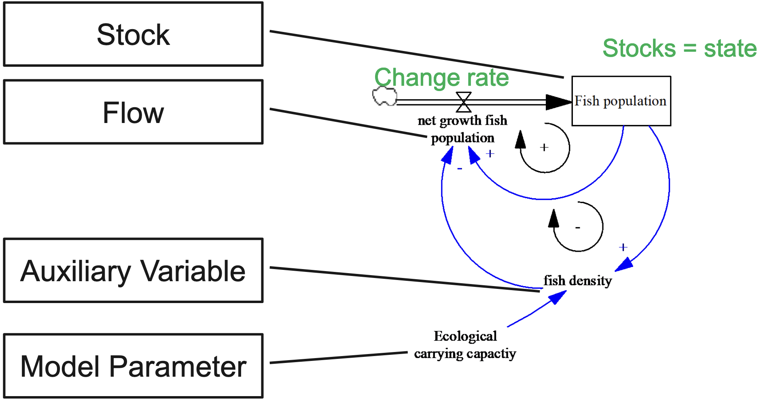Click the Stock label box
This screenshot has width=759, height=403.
(133, 34)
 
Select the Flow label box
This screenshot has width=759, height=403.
(133, 112)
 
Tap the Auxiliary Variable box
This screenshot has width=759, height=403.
(133, 270)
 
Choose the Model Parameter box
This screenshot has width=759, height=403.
(133, 366)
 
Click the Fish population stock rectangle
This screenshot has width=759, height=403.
(621, 101)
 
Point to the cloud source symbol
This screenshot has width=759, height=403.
(384, 96)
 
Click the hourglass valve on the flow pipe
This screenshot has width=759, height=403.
(464, 102)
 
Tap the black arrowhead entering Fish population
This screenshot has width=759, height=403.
(558, 102)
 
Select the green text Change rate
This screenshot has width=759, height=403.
(441, 77)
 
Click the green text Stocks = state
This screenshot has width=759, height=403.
(679, 49)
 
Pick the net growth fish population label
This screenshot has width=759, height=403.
(462, 129)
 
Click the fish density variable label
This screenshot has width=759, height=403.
(577, 280)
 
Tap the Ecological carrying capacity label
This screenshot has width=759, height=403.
(465, 345)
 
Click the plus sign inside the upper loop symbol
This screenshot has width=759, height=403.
(544, 147)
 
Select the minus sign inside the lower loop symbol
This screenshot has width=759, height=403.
(578, 228)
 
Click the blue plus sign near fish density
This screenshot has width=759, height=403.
(623, 247)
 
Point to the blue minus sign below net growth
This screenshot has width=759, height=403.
(460, 168)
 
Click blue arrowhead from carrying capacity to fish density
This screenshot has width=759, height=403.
(557, 298)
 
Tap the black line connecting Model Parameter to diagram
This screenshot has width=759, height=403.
(338, 358)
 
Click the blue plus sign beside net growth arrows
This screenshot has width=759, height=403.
(490, 154)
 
